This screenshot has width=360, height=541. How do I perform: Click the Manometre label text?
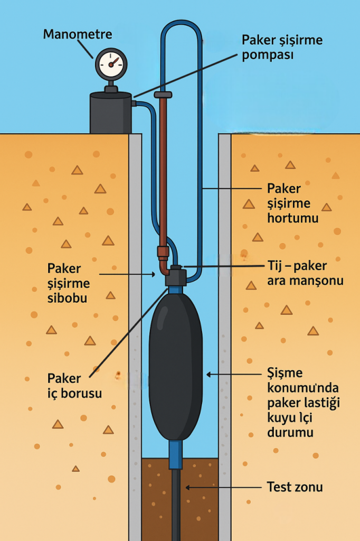[x=78, y=34]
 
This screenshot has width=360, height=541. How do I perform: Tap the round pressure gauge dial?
[x=111, y=64]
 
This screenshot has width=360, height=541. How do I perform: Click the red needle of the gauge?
[x=114, y=62]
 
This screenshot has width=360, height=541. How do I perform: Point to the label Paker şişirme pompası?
[x=282, y=47]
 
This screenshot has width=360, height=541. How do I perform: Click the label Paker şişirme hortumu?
[x=293, y=203]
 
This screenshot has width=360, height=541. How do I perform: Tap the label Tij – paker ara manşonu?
[x=305, y=273]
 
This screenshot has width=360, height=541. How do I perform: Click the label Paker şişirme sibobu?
[x=69, y=283]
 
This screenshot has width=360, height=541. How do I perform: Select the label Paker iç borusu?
[x=74, y=386]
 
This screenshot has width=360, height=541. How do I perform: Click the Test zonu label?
[x=295, y=487]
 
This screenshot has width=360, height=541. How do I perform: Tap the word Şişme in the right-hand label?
[x=285, y=372]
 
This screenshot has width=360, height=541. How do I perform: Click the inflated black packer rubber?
[x=176, y=367]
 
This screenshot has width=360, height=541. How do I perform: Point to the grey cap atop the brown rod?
[x=163, y=95]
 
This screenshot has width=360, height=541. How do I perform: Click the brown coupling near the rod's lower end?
[x=163, y=252]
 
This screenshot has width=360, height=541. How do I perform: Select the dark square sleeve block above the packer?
[x=176, y=277]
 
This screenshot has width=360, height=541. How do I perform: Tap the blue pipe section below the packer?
[x=176, y=454]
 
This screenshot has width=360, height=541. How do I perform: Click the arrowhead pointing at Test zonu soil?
[x=187, y=488]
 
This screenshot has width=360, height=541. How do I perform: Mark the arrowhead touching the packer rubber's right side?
[x=209, y=375]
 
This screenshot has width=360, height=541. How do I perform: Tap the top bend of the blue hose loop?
[x=181, y=23]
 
